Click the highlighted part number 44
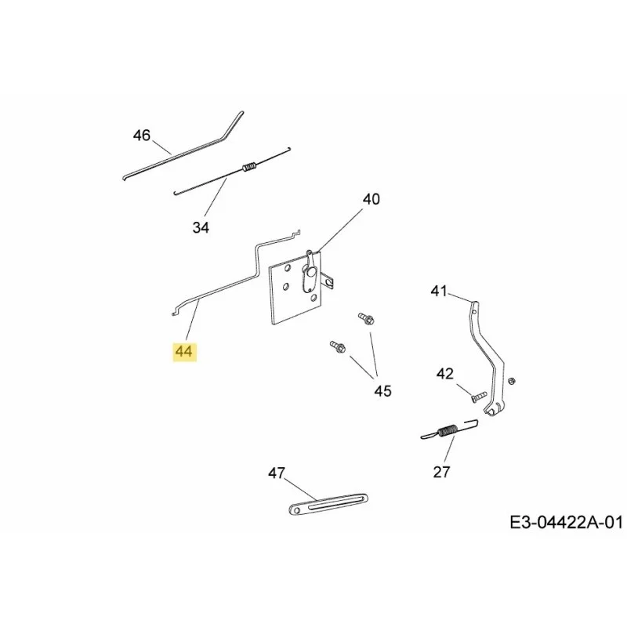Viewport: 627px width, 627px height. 184,351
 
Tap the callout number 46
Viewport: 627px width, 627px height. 142,135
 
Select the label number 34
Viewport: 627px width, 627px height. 201,227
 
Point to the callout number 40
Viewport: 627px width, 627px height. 371,199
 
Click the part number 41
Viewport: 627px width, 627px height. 439,291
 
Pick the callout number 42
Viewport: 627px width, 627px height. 445,374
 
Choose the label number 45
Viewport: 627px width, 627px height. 382,390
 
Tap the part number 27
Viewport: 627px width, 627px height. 441,473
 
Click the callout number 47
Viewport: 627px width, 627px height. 277,473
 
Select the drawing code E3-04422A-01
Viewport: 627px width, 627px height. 566,522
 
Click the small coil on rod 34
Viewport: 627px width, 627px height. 248,166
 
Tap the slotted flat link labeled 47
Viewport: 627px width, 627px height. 328,503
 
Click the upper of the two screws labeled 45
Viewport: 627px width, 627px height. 366,319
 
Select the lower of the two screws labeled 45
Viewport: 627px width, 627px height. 338,346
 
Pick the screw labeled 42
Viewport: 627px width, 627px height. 478,397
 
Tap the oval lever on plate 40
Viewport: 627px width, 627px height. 309,277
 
